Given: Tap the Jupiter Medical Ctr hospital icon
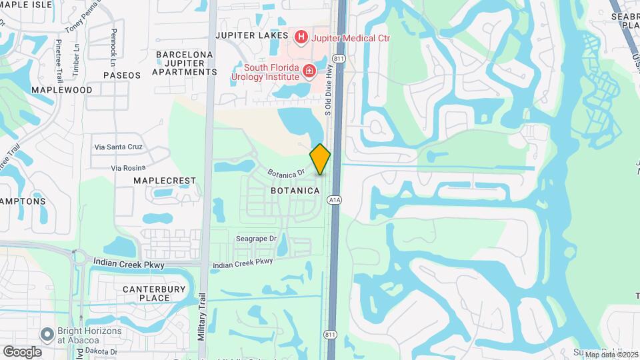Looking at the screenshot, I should [301, 37].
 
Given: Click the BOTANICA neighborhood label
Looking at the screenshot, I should [300, 191].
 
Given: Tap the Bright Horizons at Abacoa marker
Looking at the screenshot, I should [47, 333].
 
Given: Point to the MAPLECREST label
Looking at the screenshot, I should [165, 181].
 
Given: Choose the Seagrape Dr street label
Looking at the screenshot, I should [256, 239].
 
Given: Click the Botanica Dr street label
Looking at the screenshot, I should [286, 171].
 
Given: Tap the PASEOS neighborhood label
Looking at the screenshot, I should [122, 75].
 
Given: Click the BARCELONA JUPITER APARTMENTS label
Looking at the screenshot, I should [185, 63].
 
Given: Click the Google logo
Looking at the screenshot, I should [22, 351].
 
